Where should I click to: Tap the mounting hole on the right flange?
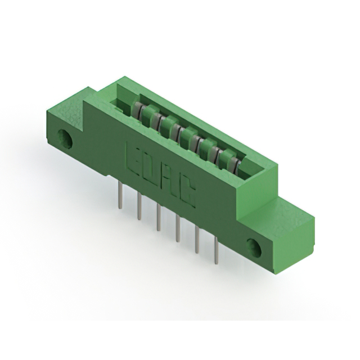254,247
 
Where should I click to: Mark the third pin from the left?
159,219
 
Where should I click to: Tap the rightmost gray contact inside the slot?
237,165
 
